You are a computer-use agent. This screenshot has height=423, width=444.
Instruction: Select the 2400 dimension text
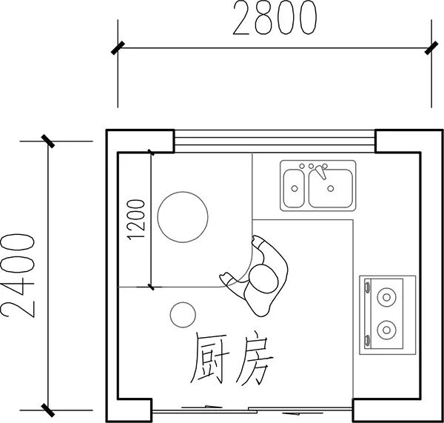pyautogui.click(x=18, y=276)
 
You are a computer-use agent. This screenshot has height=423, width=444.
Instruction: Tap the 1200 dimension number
pyautogui.click(x=136, y=220)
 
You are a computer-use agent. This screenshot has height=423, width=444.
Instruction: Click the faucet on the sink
pyautogui.click(x=320, y=172)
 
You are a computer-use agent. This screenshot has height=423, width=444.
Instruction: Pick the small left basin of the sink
pyautogui.click(x=295, y=189)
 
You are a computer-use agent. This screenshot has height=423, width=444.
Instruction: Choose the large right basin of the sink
pyautogui.click(x=331, y=189)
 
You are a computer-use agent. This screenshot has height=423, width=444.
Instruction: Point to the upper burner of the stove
pyautogui.click(x=386, y=297)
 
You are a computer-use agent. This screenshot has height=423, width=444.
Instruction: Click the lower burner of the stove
pyautogui.click(x=386, y=330)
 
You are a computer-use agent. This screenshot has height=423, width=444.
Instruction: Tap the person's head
pyautogui.click(x=263, y=279)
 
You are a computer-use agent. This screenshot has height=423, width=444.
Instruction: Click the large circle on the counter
pyautogui.click(x=183, y=217)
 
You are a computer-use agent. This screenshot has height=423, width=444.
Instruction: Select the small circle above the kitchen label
pyautogui.click(x=183, y=315)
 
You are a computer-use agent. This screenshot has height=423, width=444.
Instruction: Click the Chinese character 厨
pyautogui.click(x=210, y=360)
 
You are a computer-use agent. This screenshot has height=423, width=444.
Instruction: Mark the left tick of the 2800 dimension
pyautogui.click(x=118, y=48)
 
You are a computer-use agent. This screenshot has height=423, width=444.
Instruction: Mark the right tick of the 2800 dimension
pyautogui.click(x=431, y=48)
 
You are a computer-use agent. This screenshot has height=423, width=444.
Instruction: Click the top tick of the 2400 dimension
pyautogui.click(x=48, y=141)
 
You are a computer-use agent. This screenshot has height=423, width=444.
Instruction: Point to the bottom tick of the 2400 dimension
pyautogui.click(x=48, y=410)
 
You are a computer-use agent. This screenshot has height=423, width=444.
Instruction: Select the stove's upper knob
pyautogui.click(x=368, y=287)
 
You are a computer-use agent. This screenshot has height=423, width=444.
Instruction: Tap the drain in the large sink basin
pyautogui.click(x=331, y=188)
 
